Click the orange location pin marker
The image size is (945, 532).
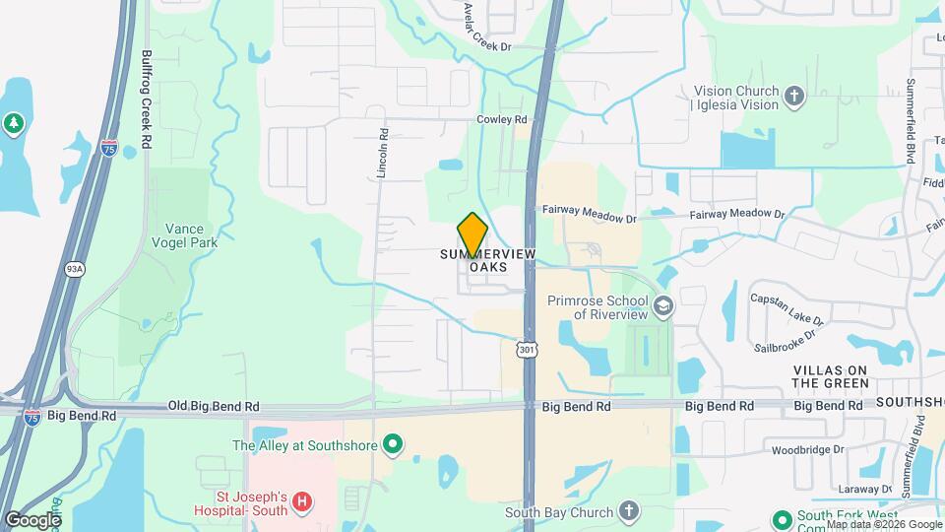click(472, 234)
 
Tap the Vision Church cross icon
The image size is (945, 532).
click(794, 97)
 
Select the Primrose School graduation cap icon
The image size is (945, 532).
click(662, 306)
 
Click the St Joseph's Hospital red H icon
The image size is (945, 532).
click(302, 501)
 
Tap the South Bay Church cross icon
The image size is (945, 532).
click(629, 511)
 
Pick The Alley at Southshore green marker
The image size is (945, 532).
click(394, 445)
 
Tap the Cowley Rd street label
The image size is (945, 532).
click(502, 119)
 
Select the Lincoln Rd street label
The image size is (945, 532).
click(383, 155)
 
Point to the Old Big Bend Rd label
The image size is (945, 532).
click(214, 405)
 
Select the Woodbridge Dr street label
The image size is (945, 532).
click(809, 449)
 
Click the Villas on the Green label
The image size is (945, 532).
click(831, 375)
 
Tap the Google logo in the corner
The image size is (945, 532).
click(32, 519)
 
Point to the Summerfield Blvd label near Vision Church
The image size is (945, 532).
click(911, 118)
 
